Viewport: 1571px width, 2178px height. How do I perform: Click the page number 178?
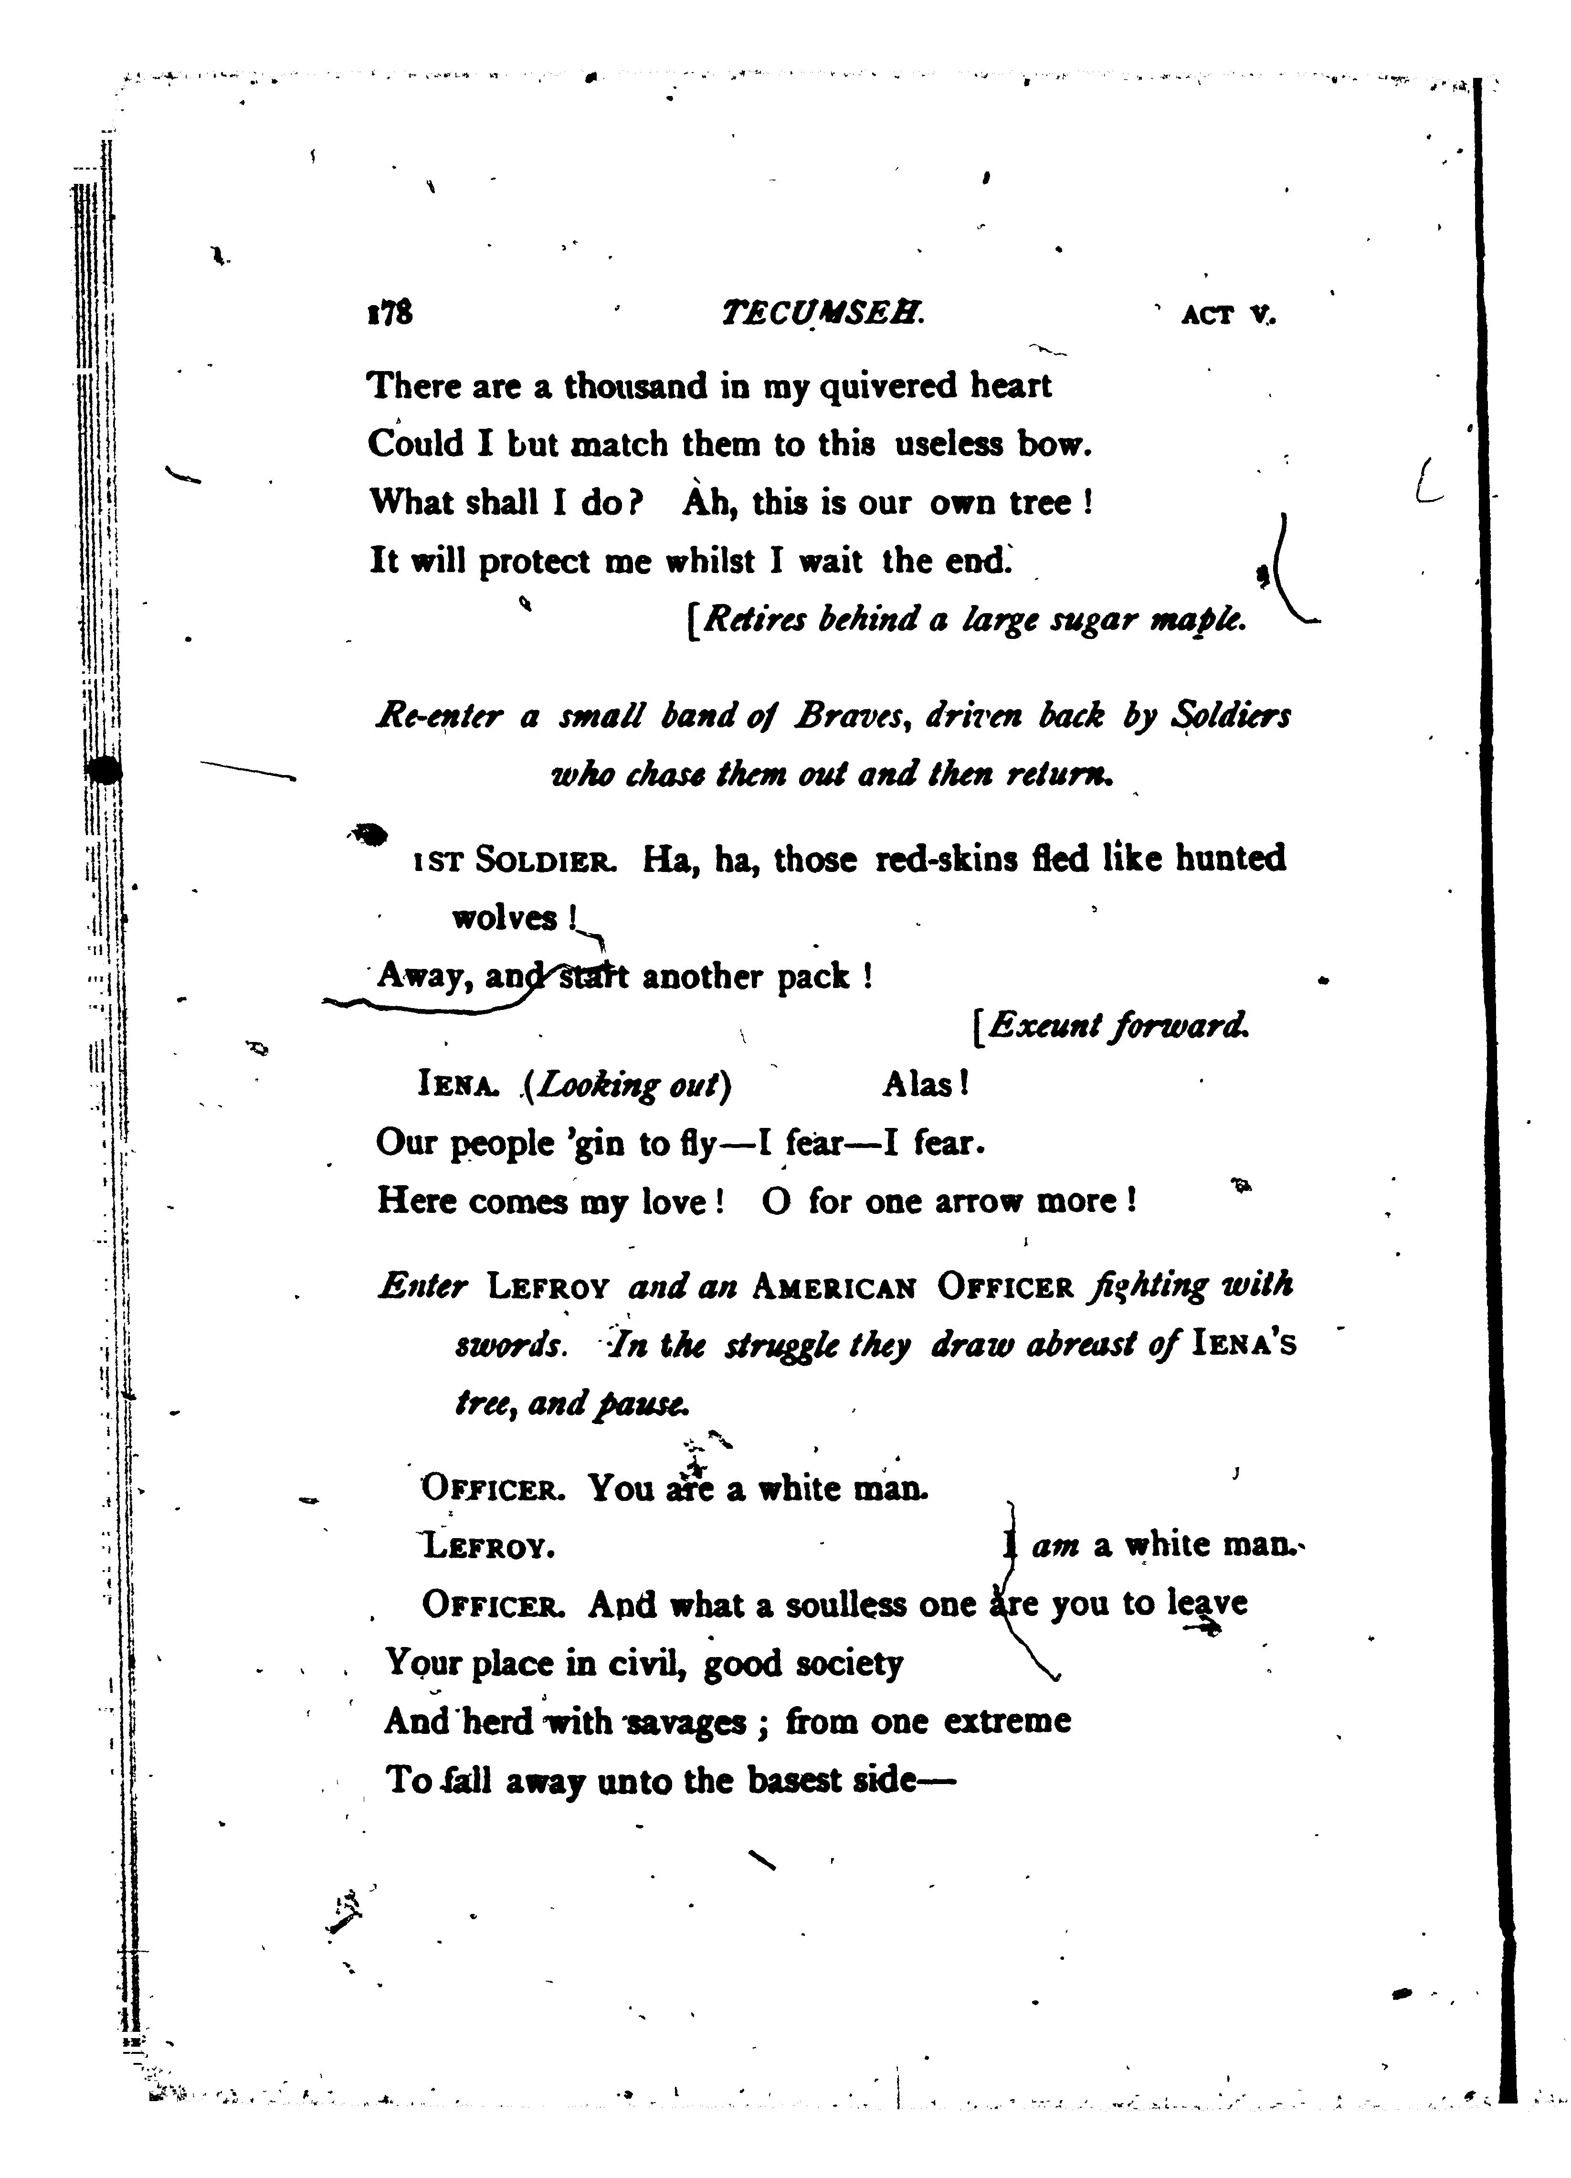pyautogui.click(x=389, y=313)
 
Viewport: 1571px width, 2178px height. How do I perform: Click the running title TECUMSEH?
pyautogui.click(x=822, y=313)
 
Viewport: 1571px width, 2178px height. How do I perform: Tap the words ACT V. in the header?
pyautogui.click(x=1229, y=315)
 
